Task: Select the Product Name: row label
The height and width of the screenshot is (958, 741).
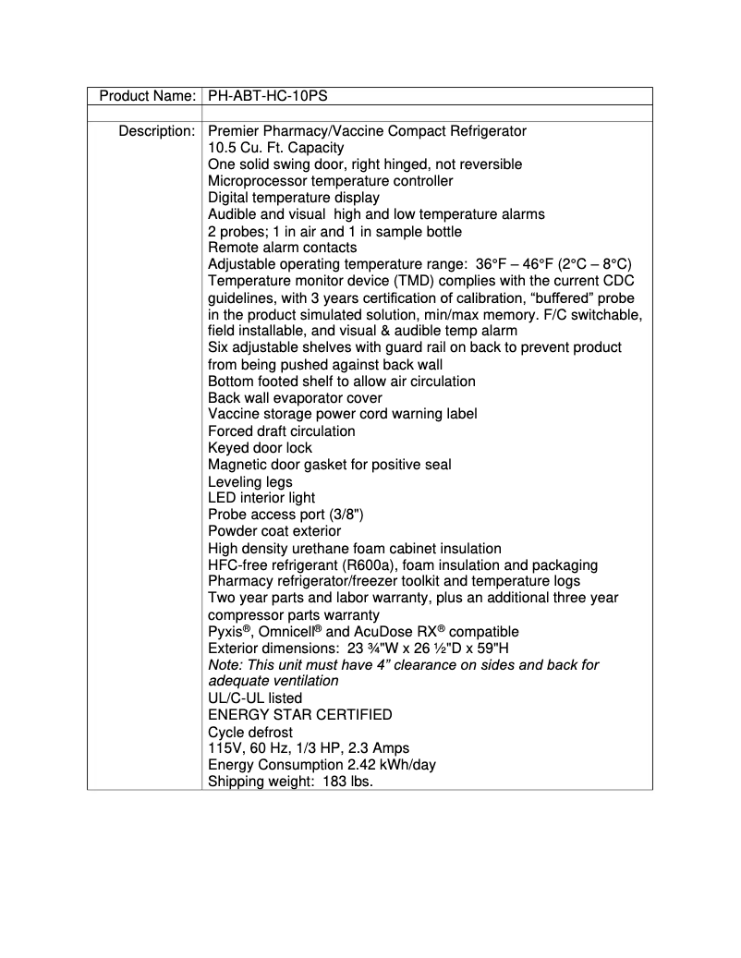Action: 147,96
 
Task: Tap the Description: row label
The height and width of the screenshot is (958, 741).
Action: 156,131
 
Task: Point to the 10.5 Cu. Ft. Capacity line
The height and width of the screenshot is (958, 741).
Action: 275,148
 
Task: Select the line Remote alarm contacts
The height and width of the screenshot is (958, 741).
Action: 282,248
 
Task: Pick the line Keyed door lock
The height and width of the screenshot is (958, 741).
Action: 260,448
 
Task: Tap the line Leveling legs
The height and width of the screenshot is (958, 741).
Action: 249,481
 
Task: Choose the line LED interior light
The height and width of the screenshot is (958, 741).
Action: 261,498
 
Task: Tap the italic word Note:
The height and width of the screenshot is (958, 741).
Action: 225,665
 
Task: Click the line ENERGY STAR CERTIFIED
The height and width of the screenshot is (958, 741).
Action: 299,714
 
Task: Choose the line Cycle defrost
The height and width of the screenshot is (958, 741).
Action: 250,732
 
